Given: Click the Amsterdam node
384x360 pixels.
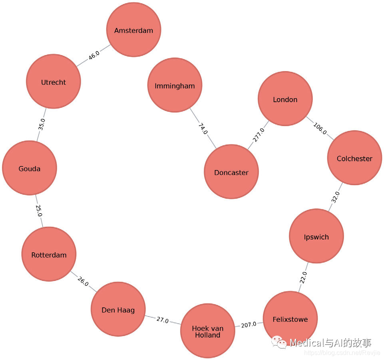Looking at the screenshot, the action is coord(133,30).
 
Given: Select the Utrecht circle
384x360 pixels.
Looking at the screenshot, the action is coord(54,81).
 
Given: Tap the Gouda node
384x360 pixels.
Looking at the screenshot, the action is coord(30,168).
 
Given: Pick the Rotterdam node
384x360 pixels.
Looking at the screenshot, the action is coord(49,254).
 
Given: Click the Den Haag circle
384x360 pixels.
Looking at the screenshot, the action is coord(118,309).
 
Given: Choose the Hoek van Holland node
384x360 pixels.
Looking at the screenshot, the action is coord(207,331).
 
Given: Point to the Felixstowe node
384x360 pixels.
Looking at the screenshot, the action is coord(290,318).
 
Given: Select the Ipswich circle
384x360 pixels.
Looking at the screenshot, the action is coord(316,236).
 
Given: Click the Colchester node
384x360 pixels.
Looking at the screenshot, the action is coord(354,158).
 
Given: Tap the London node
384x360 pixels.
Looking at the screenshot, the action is coord(285,99).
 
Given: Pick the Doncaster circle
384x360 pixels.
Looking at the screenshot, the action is coord(231,172).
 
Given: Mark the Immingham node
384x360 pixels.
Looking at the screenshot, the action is coord(175,85).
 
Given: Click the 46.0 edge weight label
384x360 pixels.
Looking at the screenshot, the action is coord(94,55).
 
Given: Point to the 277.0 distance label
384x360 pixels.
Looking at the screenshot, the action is coord(259,135).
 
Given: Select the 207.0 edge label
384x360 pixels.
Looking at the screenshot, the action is coord(249,324).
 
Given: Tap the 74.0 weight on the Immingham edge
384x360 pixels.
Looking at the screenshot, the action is coord(203,129).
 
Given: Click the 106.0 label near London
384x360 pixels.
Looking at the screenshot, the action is coord(320,129).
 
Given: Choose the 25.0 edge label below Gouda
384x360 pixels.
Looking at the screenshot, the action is coord(39,210).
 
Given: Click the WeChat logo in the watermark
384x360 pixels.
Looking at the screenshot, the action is coord(279,342).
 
